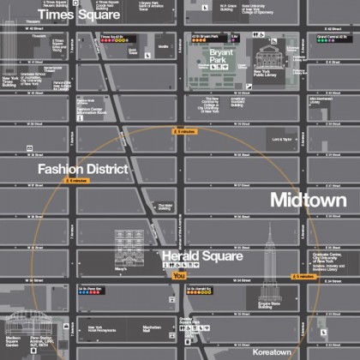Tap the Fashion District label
pyautogui.click(x=82, y=169)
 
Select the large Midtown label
pyautogui.click(x=308, y=200)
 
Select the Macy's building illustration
pyautogui.click(x=133, y=249)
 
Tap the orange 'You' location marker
pyautogui.click(x=178, y=276)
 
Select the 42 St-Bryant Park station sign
pyautogui.click(x=206, y=37)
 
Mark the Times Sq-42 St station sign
pyautogui.click(x=114, y=37)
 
